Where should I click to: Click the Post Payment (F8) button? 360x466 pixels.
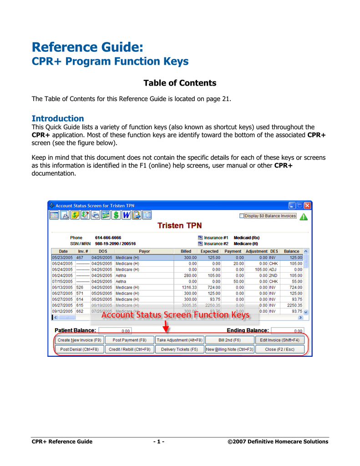pyautogui.click(x=130, y=340)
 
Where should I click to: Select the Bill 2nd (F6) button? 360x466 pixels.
pyautogui.click(x=229, y=340)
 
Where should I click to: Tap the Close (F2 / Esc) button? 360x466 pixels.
pyautogui.click(x=279, y=349)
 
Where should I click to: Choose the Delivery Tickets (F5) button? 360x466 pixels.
pyautogui.click(x=179, y=349)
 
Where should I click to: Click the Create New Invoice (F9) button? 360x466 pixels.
pyautogui.click(x=80, y=340)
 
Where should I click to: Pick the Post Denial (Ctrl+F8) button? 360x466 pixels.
pyautogui.click(x=80, y=349)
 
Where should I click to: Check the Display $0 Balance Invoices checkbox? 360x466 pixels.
pyautogui.click(x=242, y=216)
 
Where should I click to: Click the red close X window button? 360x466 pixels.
pyautogui.click(x=308, y=206)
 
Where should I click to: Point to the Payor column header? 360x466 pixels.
pyautogui.click(x=144, y=251)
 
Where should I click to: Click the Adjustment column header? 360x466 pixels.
pyautogui.click(x=256, y=251)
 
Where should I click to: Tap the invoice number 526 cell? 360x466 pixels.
pyautogui.click(x=80, y=287)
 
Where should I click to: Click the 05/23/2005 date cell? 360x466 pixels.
pyautogui.click(x=62, y=258)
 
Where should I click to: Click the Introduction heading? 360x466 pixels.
pyautogui.click(x=57, y=119)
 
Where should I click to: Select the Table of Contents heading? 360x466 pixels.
pyautogui.click(x=180, y=83)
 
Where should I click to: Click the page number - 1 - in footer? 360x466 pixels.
pyautogui.click(x=159, y=441)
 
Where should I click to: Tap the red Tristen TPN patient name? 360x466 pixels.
pyautogui.click(x=180, y=226)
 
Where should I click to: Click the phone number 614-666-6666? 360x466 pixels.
pyautogui.click(x=108, y=238)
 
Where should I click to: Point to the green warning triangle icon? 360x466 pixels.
pyautogui.click(x=304, y=217)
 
